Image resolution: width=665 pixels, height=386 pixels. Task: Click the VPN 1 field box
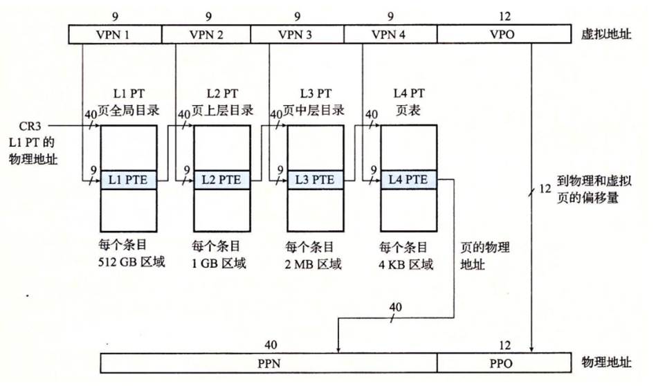(x=115, y=34)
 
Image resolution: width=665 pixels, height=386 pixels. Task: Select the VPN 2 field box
(x=206, y=34)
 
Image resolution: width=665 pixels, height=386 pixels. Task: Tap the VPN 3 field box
(x=297, y=34)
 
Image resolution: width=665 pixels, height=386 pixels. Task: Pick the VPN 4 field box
(x=391, y=34)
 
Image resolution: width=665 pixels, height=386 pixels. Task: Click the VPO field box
(x=507, y=34)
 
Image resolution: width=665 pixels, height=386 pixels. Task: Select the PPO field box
(x=507, y=362)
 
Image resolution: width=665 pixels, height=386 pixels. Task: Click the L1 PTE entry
(x=129, y=180)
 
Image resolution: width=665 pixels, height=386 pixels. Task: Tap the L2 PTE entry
(x=221, y=180)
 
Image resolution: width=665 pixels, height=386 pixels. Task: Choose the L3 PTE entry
(x=314, y=180)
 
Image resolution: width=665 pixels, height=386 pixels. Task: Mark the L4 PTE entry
(x=408, y=180)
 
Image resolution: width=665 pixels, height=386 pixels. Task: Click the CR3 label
(x=35, y=127)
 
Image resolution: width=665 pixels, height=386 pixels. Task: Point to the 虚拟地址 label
(x=606, y=34)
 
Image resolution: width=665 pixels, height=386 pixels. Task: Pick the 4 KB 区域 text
(x=406, y=264)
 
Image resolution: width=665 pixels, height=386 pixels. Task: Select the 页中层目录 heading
(x=315, y=109)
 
